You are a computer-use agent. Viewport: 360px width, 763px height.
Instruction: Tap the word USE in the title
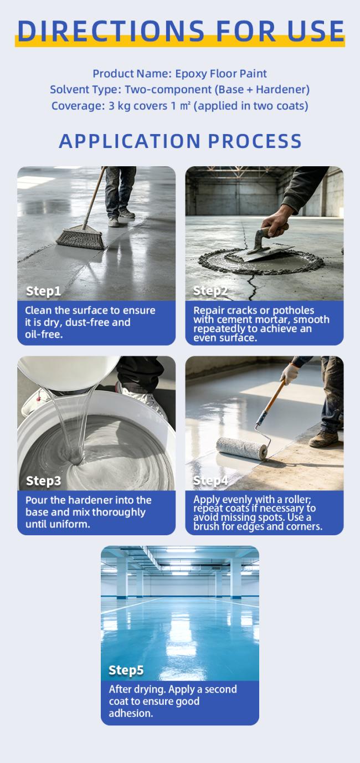point(316,31)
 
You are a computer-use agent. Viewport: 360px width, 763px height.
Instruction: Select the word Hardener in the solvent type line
point(280,90)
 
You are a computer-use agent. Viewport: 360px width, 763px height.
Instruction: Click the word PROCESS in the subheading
point(255,141)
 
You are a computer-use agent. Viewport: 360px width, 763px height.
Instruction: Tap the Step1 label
point(43,291)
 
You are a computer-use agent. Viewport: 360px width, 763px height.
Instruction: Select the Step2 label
point(210,290)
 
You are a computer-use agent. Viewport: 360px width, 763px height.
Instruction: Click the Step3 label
point(43,480)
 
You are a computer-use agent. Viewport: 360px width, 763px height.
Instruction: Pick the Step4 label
point(210,480)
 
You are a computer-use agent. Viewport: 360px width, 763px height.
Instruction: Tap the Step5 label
point(126,670)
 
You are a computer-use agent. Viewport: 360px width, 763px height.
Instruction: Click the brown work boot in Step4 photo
point(323,439)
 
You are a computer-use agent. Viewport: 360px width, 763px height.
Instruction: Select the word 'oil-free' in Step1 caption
point(44,335)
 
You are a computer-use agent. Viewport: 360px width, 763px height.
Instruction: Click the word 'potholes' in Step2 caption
point(293,311)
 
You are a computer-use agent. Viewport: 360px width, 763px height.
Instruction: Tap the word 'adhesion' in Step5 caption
point(131,714)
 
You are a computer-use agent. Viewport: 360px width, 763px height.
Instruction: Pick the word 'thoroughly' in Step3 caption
point(119,513)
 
